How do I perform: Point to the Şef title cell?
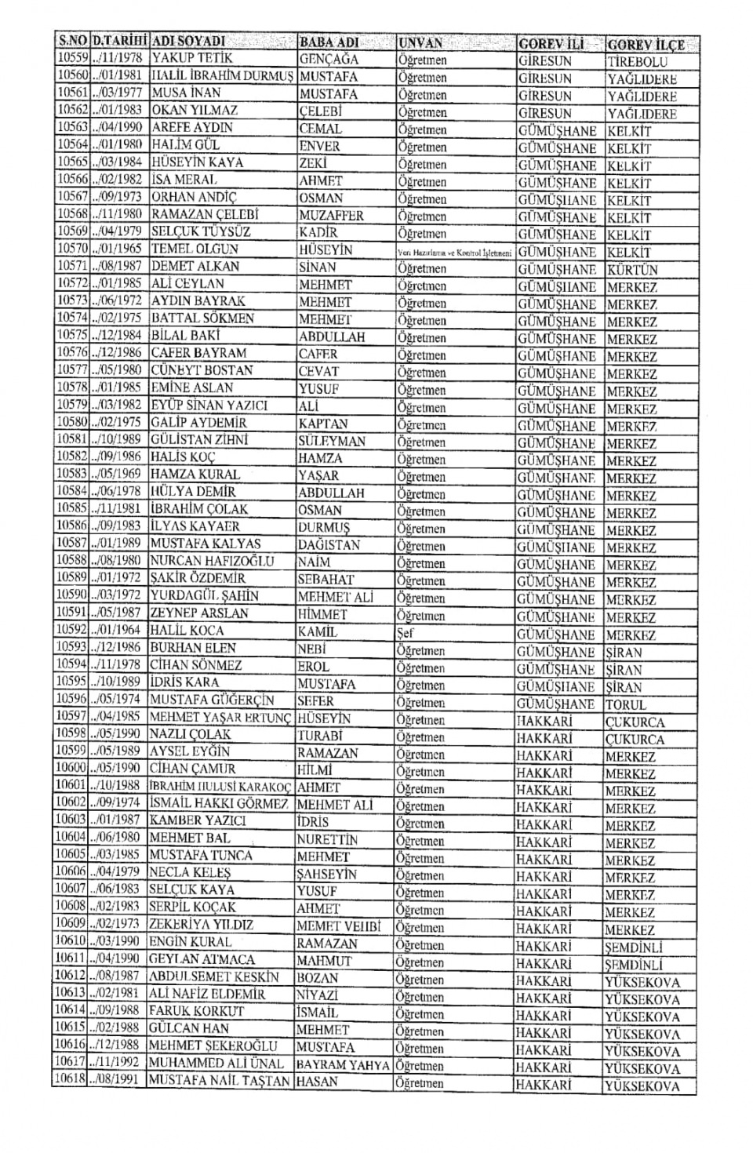click(x=406, y=633)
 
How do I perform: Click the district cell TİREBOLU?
click(x=637, y=62)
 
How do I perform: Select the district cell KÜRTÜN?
click(x=632, y=270)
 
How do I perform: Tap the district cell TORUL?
click(x=626, y=704)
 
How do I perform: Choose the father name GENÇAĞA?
click(x=330, y=60)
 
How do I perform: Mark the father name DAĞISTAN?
click(x=329, y=544)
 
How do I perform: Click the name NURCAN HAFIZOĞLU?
click(x=212, y=562)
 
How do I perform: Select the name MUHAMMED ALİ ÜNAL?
click(x=216, y=1064)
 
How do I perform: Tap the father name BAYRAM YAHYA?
click(x=343, y=1065)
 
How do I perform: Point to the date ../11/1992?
click(x=118, y=1064)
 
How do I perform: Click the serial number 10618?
click(x=71, y=1081)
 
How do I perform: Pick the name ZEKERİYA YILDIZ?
click(x=202, y=926)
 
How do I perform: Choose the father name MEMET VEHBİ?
click(x=338, y=926)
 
